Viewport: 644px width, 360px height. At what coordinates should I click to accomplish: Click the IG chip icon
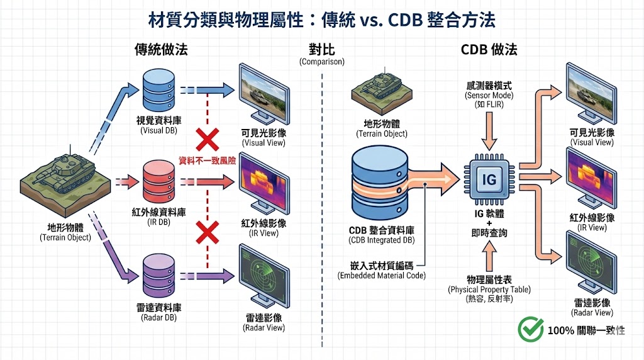(x=488, y=180)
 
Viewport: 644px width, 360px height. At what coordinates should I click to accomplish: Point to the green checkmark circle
(x=530, y=329)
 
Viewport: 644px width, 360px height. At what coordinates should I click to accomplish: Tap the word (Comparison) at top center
(x=322, y=62)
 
